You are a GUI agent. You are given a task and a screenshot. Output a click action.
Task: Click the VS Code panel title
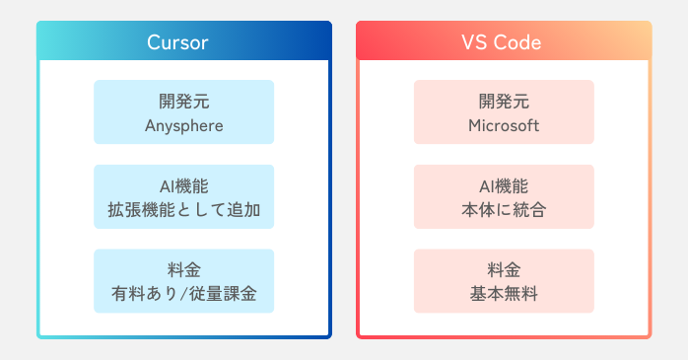tap(503, 42)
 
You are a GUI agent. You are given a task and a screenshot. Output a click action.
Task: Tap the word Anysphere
tap(183, 125)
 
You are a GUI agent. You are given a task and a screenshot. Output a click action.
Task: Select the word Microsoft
tap(504, 125)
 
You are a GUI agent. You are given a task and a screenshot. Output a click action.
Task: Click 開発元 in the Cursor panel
tap(183, 102)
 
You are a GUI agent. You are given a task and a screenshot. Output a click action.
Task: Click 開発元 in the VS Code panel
tap(504, 102)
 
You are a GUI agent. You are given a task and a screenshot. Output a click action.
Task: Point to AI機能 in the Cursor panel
tap(183, 185)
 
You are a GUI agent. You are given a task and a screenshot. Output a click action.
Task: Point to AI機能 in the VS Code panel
tap(504, 185)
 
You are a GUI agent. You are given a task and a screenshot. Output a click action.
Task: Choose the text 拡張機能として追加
tap(183, 209)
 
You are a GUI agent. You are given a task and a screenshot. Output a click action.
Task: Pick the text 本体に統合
tap(504, 209)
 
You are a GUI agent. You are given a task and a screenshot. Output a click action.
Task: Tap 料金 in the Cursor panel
tap(183, 269)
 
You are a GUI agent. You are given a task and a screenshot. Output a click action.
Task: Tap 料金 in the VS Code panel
tap(504, 269)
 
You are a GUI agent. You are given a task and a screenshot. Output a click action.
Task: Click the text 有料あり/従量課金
tap(183, 293)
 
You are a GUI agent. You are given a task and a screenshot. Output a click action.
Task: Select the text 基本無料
tap(504, 293)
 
